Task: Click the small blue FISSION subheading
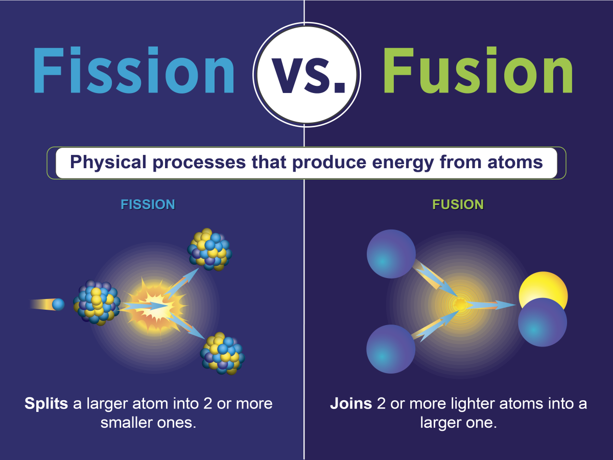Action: point(148,205)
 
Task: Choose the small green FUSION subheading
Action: point(458,205)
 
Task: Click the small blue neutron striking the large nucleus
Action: point(58,305)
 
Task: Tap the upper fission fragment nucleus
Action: point(209,249)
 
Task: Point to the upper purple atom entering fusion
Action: point(391,254)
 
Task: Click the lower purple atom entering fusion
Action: point(391,350)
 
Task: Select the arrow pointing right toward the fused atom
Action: point(490,305)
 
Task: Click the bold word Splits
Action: point(46,404)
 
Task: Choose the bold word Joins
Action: point(351,404)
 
